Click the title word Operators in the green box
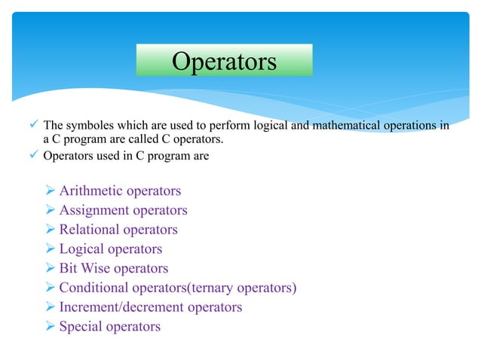(224, 61)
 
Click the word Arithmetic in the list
(92, 191)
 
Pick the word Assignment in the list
(96, 210)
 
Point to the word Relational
(90, 230)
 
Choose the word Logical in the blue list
(83, 249)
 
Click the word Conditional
(97, 288)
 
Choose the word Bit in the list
(69, 269)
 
